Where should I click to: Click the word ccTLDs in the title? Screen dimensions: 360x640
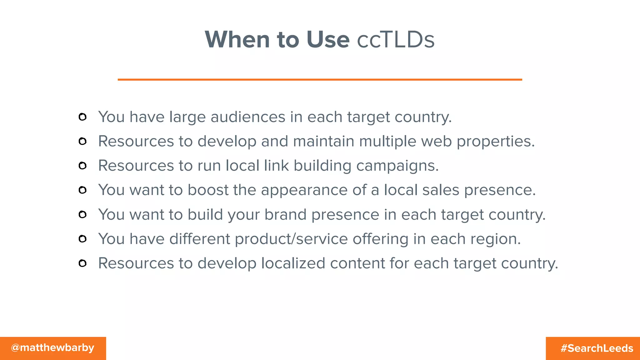[396, 40]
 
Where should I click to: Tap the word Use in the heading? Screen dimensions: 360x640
[328, 40]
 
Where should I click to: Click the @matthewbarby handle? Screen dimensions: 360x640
[52, 347]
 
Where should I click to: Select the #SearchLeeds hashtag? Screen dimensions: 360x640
[597, 348]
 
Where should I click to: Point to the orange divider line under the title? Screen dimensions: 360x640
[320, 80]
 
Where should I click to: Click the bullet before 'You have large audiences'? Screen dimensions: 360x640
[82, 117]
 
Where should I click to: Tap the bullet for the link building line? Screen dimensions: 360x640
[82, 166]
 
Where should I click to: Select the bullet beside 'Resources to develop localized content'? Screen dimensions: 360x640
[82, 263]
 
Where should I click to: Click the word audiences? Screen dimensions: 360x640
[248, 117]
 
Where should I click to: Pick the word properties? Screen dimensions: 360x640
[496, 142]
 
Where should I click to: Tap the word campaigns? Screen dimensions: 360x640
[397, 166]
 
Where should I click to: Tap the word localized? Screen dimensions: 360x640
[293, 263]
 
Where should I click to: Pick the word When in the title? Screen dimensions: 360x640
[237, 40]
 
